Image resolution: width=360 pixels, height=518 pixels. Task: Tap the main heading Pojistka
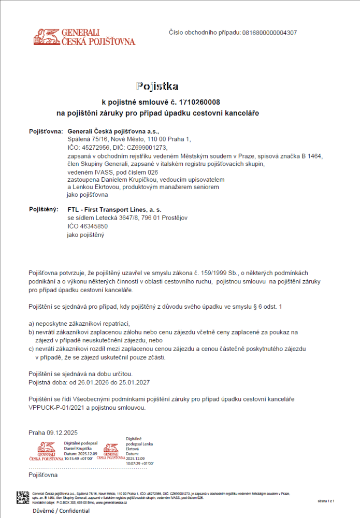pyautogui.click(x=157, y=86)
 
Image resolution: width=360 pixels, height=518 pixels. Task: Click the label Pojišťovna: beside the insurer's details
pyautogui.click(x=46, y=132)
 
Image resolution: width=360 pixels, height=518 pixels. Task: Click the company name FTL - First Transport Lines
pyautogui.click(x=114, y=210)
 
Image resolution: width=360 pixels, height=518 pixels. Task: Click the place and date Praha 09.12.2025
pyautogui.click(x=53, y=433)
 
